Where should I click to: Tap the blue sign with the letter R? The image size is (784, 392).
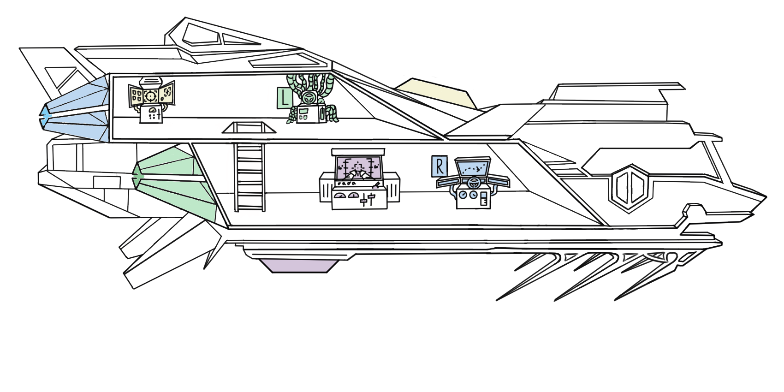click(439, 166)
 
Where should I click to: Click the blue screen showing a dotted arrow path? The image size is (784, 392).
click(473, 169)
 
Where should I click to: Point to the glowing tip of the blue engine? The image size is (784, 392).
click(45, 116)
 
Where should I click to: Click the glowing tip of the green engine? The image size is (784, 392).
click(137, 177)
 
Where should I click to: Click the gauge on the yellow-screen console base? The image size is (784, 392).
click(152, 111)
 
